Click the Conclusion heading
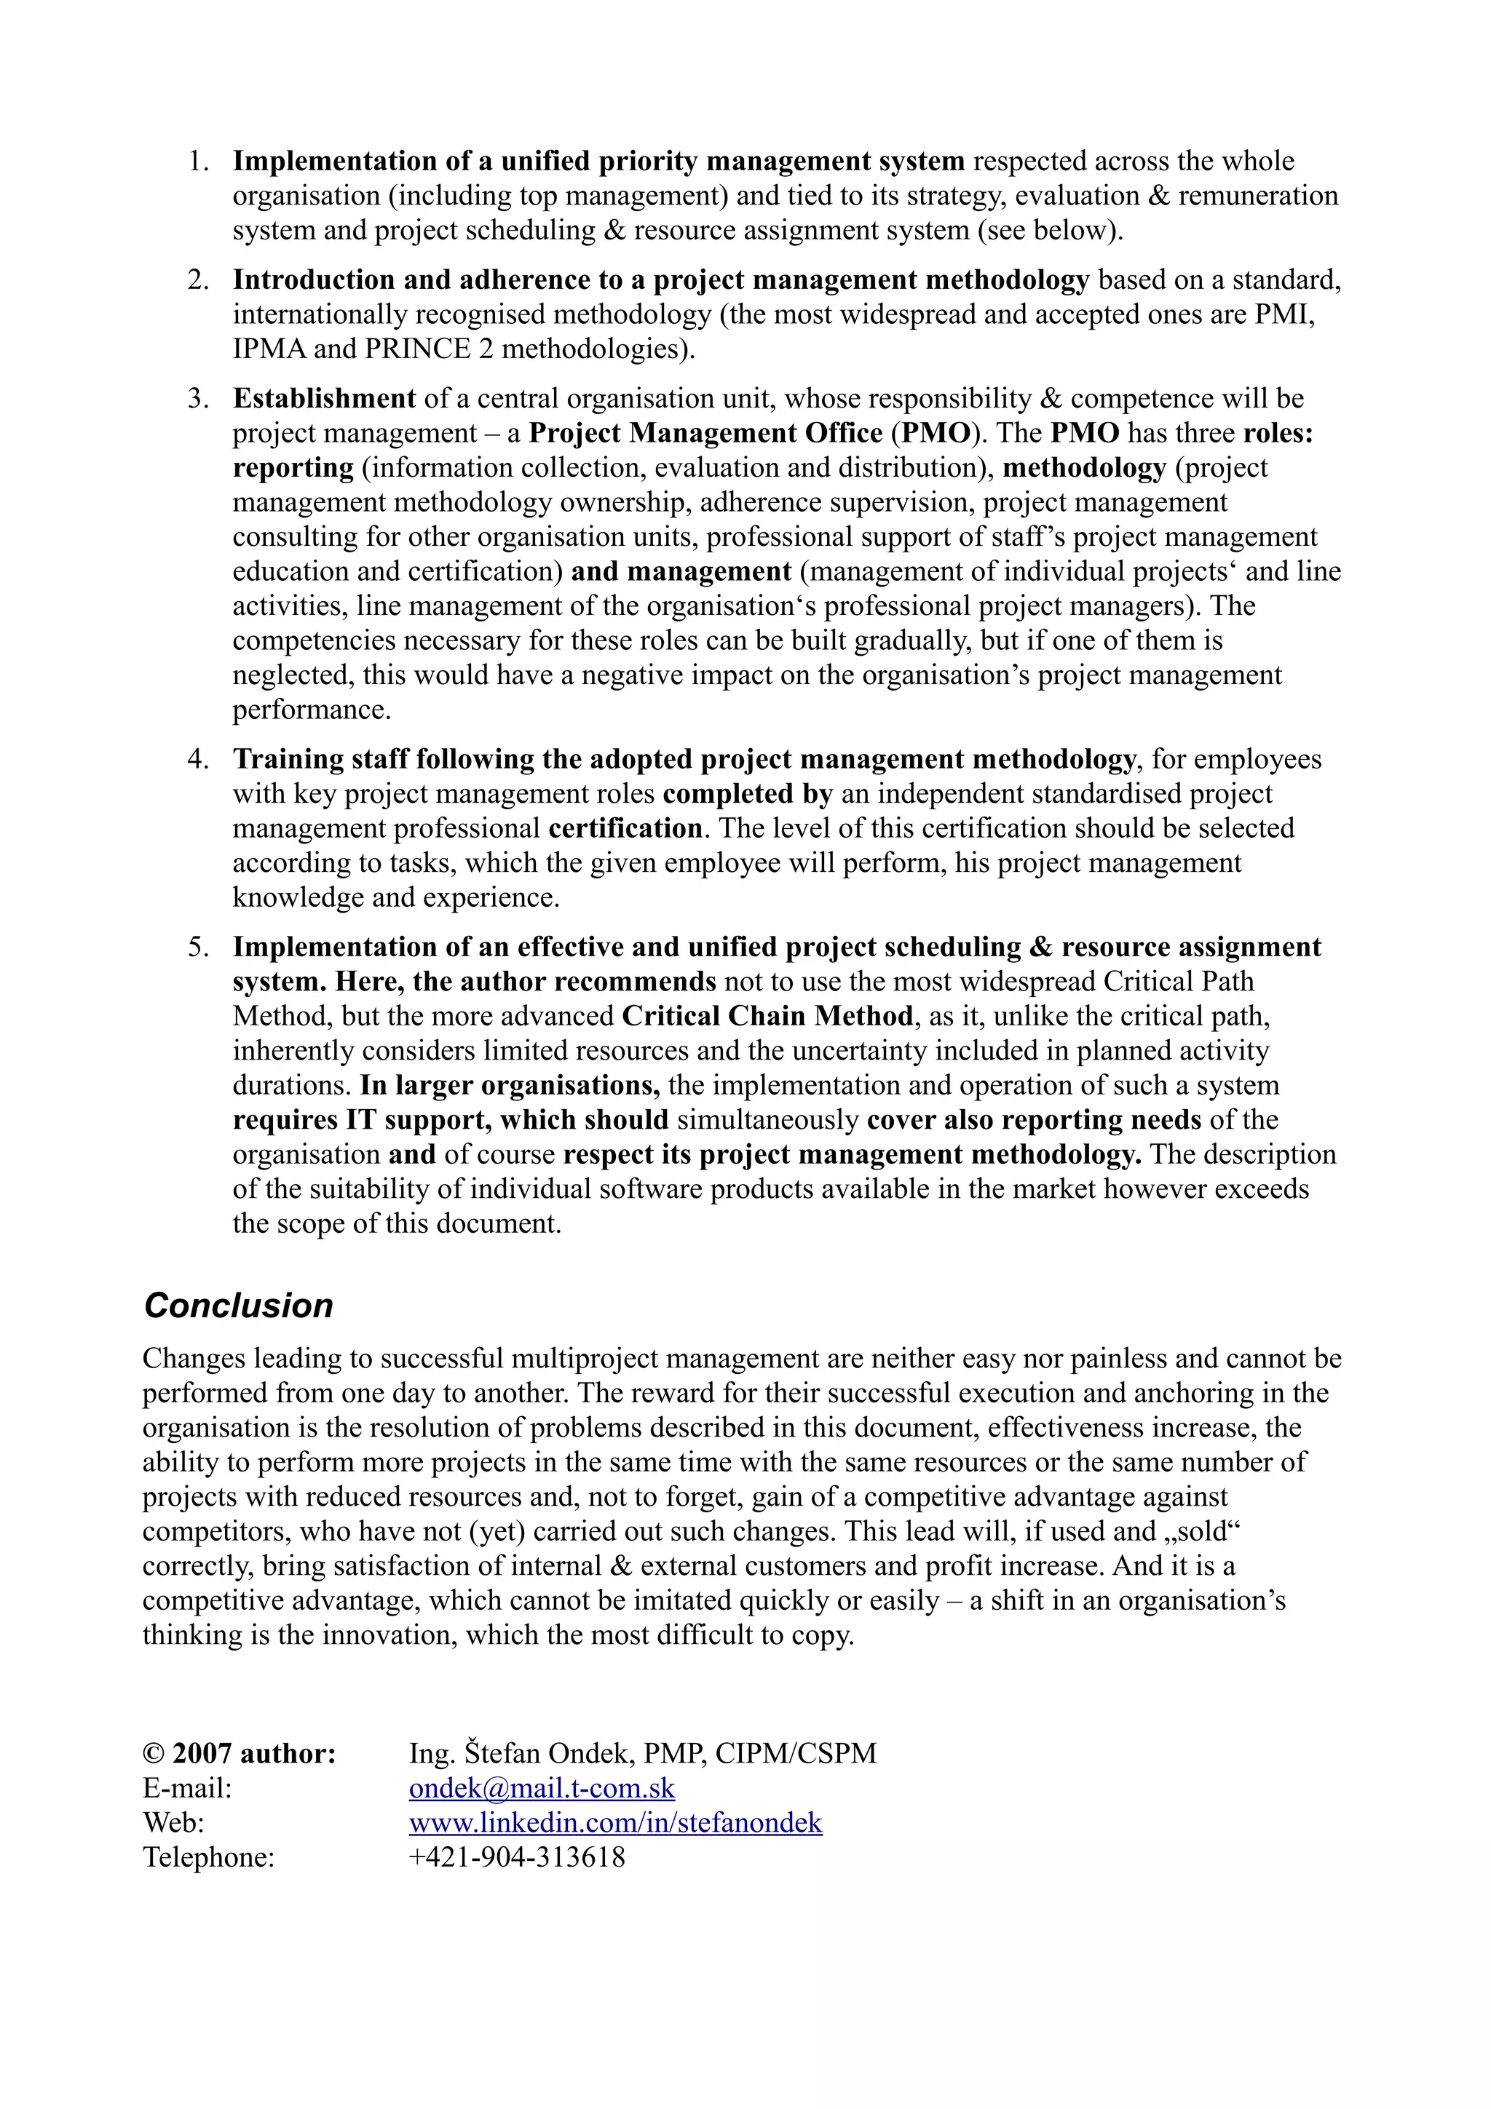(238, 1306)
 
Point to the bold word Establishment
(323, 399)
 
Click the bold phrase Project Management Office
(705, 432)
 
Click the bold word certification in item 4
(625, 828)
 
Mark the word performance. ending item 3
(312, 710)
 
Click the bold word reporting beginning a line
(293, 467)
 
